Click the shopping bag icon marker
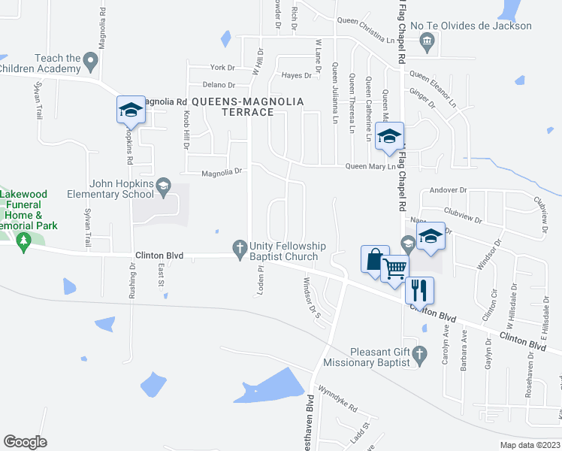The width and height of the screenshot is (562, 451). coord(375,259)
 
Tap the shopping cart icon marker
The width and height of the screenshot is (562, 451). coord(394,268)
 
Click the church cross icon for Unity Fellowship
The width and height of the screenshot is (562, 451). coord(240,247)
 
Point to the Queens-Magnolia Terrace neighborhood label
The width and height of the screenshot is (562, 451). coord(248,106)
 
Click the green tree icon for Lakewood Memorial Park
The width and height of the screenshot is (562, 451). coord(23,241)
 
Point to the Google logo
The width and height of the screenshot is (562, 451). coord(25,441)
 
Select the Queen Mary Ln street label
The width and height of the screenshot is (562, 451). coord(370,167)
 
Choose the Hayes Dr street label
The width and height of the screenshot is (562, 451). coord(296,76)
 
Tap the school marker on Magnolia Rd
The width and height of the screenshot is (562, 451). coord(131,110)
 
